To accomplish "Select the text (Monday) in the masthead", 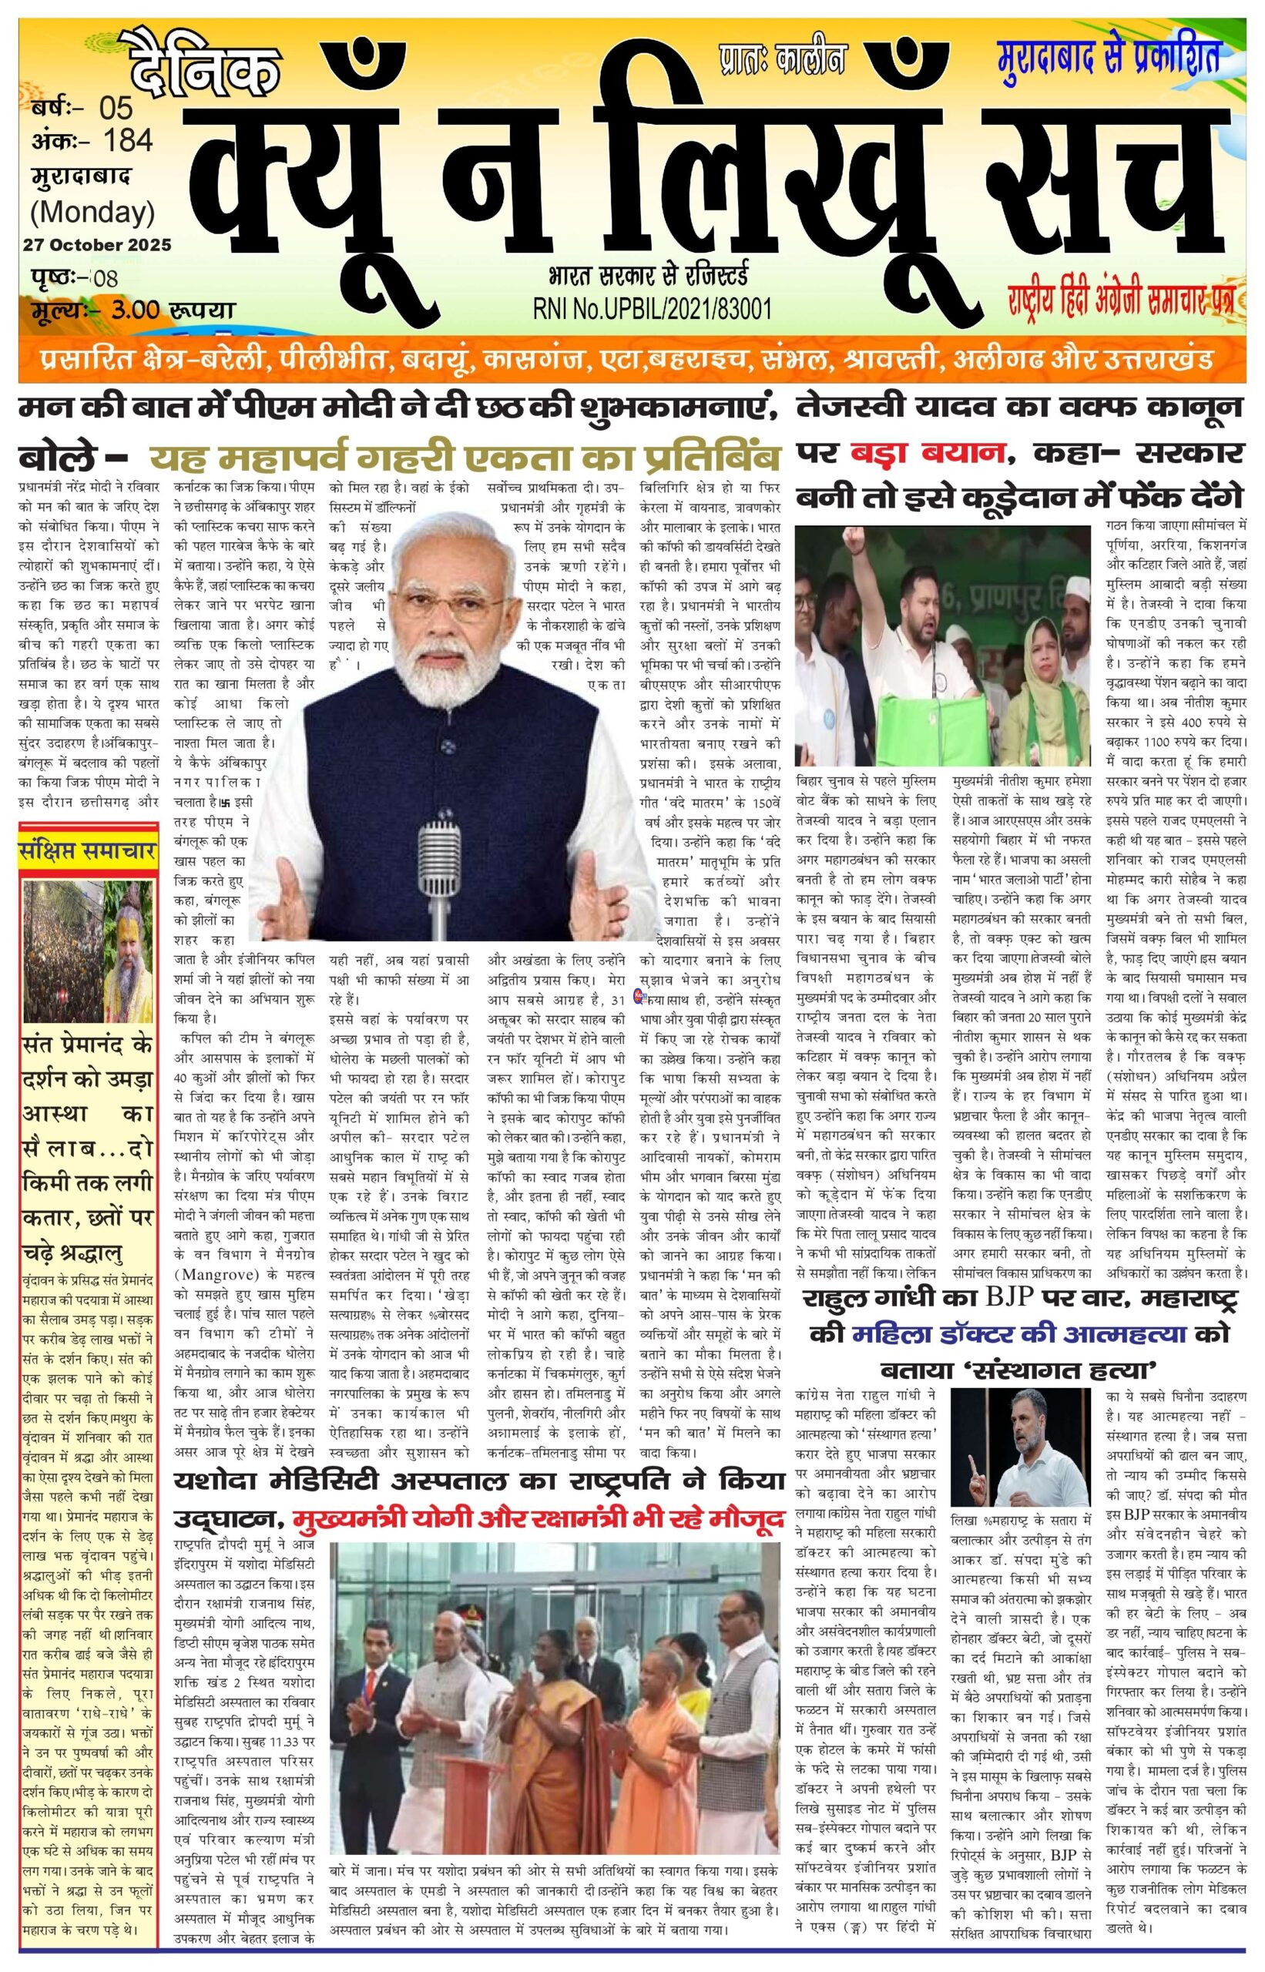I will pos(92,212).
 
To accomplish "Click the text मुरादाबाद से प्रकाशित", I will pos(1107,57).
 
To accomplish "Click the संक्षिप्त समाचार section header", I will pos(88,853).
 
